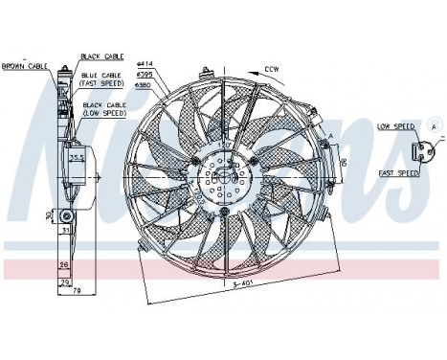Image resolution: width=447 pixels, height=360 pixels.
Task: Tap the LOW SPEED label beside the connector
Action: pyautogui.click(x=394, y=125)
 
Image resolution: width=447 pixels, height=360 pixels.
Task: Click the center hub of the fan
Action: pyautogui.click(x=226, y=175)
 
